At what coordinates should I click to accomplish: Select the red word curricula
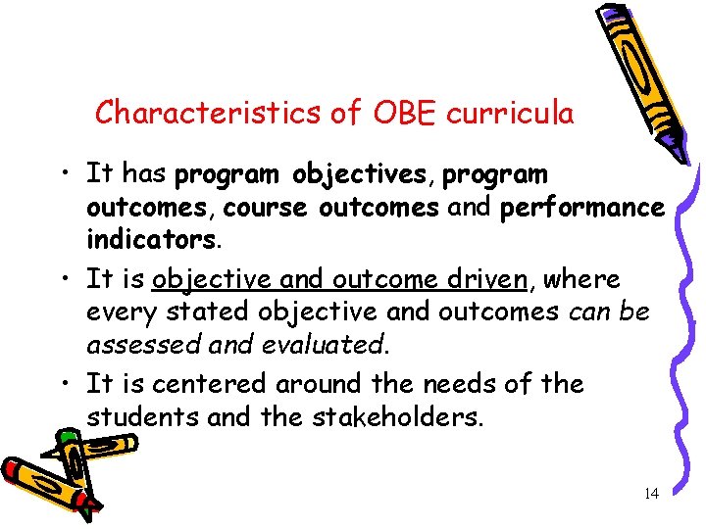coord(510,114)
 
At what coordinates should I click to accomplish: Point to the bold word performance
coord(582,209)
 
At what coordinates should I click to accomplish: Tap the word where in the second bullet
coord(581,279)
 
